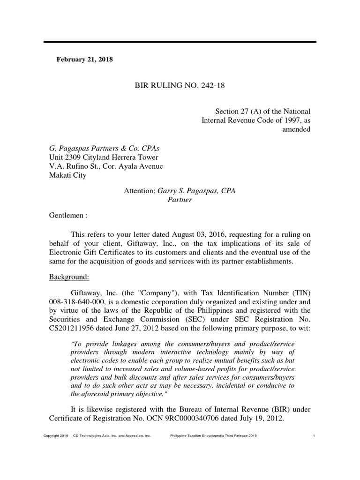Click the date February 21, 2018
(x=84, y=60)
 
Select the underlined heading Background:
(x=69, y=277)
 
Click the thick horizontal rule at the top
(x=180, y=42)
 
